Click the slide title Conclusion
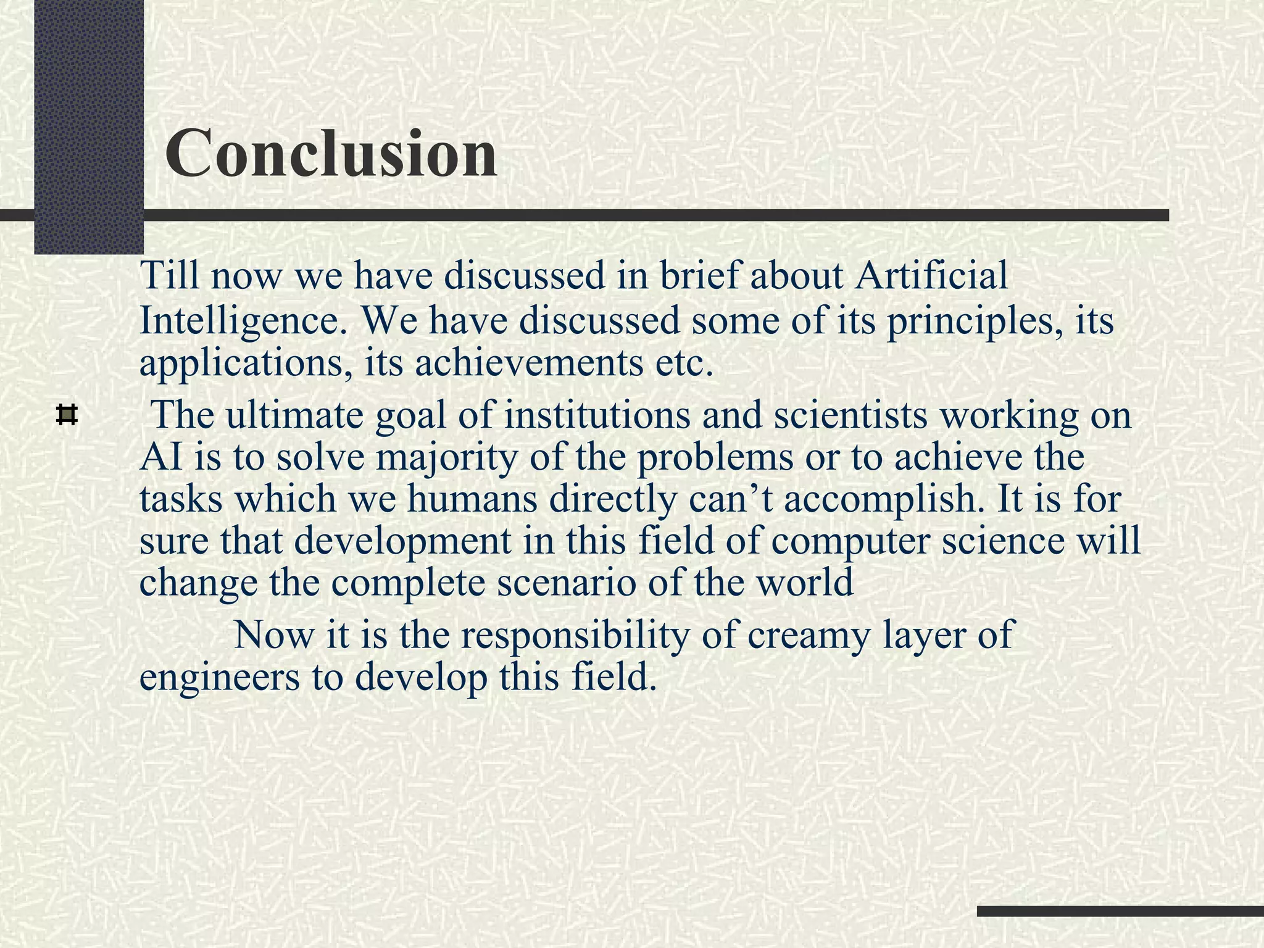click(x=331, y=153)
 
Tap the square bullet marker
click(x=67, y=414)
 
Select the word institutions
click(x=597, y=414)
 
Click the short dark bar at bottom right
click(x=1120, y=911)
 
